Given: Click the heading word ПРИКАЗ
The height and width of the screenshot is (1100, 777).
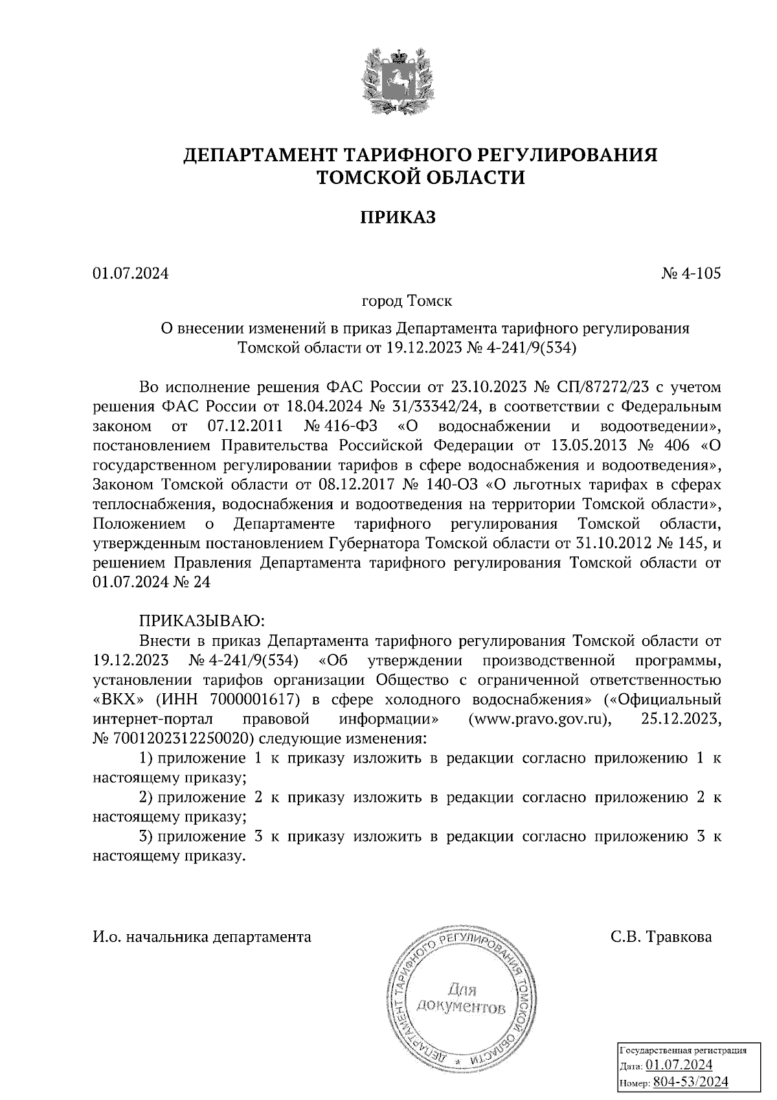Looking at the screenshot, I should [398, 217].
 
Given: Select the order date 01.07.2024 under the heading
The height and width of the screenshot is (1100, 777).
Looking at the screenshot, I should [131, 274].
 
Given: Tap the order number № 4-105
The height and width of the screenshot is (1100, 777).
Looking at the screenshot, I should [691, 274].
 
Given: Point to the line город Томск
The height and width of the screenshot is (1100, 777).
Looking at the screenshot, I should [407, 302].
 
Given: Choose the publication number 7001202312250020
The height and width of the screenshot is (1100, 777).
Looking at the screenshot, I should [174, 739].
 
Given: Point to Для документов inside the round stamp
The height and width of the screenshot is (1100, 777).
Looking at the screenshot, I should [460, 998].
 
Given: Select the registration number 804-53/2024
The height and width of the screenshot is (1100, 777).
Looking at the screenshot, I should [690, 1082].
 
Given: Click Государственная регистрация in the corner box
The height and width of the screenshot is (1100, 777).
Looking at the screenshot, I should [683, 1049].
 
